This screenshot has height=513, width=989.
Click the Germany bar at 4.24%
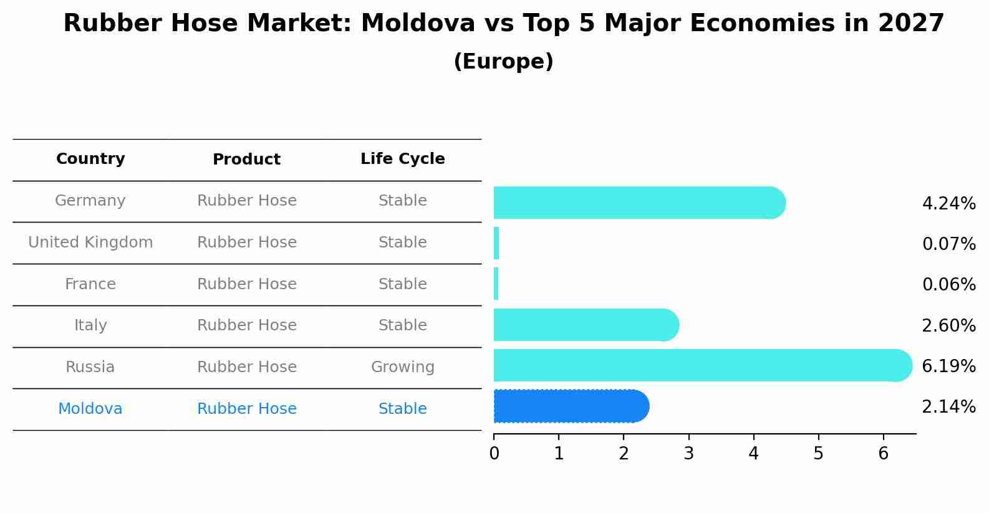[636, 203]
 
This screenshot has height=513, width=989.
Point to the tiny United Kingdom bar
[496, 243]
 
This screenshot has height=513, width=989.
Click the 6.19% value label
[948, 366]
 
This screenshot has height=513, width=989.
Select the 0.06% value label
[948, 285]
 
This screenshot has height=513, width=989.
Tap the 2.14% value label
[948, 407]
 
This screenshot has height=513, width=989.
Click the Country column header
[90, 159]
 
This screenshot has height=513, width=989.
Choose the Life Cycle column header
[402, 159]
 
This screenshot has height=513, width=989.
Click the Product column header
[246, 160]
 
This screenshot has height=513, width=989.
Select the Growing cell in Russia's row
[402, 367]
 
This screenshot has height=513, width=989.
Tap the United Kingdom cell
[90, 242]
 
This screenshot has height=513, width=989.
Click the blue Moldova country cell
[90, 409]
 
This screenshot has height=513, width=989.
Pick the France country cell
[90, 284]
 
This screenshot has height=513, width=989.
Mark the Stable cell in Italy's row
[402, 325]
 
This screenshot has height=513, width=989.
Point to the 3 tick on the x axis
[688, 453]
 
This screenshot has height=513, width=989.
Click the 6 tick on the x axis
[883, 453]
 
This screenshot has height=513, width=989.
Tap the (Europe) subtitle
[503, 62]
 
